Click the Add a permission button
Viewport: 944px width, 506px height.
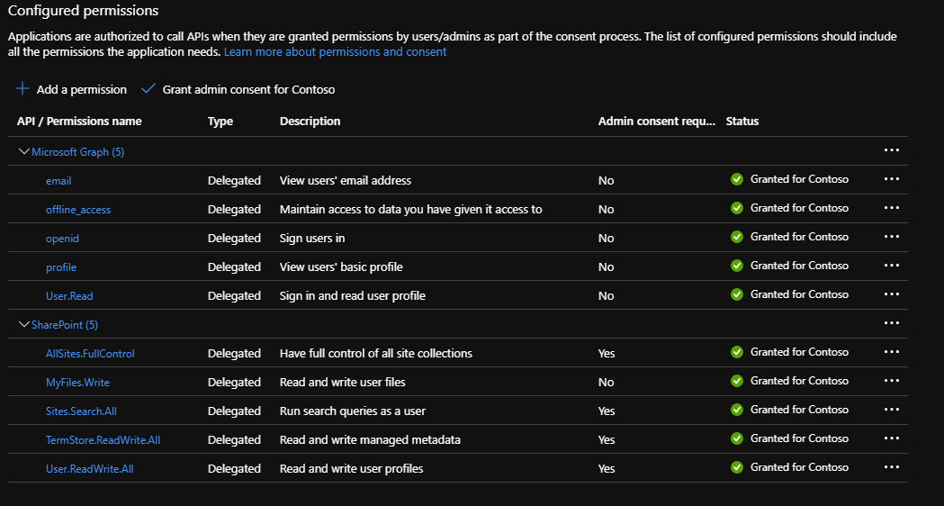[x=72, y=89]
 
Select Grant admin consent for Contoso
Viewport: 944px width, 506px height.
[x=239, y=89]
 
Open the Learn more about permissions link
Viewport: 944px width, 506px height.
[x=335, y=52]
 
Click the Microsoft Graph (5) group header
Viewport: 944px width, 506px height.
[x=77, y=152]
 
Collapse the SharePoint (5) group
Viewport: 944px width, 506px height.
[x=24, y=324]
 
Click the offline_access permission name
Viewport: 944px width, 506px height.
[x=78, y=210]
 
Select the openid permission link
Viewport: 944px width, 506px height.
[x=63, y=239]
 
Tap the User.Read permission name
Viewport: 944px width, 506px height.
[x=69, y=296]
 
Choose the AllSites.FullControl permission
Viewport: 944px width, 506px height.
[x=90, y=354]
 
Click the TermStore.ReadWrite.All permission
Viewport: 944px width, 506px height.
[x=103, y=440]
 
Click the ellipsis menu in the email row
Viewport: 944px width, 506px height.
[x=892, y=179]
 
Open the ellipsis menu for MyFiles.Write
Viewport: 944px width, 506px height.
[x=892, y=381]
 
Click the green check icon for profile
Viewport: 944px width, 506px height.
[x=737, y=266]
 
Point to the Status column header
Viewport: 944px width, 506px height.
[x=742, y=122]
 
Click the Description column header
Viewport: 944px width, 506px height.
[x=310, y=122]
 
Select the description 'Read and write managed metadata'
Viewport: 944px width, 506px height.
[x=370, y=440]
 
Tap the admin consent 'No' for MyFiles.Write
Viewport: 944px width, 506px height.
[x=606, y=383]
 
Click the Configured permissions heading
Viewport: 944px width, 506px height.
[x=83, y=11]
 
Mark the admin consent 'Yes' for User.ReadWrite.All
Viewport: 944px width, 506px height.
[x=607, y=469]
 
